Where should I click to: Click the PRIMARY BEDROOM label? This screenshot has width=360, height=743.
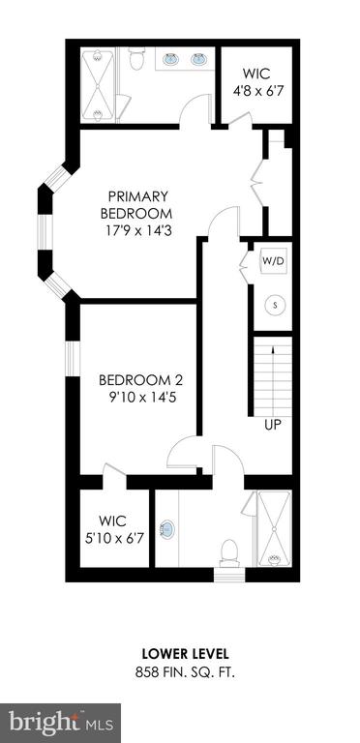tap(135, 204)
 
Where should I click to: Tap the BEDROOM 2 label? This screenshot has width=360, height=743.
tap(140, 380)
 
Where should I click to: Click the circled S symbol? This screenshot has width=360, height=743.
tap(275, 305)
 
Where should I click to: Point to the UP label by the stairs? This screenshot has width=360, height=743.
tap(273, 425)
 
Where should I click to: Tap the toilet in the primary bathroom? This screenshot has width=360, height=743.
tap(136, 58)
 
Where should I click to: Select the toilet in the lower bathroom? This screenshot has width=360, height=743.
tap(229, 552)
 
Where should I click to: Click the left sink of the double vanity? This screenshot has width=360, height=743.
tap(171, 59)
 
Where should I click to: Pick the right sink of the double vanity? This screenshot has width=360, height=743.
tap(199, 59)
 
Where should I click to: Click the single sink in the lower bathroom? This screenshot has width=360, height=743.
tap(166, 529)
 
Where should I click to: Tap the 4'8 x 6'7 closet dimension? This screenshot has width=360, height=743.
tap(258, 91)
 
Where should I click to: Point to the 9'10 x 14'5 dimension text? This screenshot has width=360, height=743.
tap(142, 398)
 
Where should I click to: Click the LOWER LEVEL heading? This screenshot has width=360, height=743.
tap(186, 654)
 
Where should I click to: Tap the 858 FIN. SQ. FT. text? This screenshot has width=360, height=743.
tap(185, 672)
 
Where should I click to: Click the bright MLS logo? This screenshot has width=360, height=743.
tap(61, 724)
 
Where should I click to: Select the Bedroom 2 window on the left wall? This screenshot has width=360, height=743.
tap(73, 358)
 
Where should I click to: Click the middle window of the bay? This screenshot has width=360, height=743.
tap(45, 232)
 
